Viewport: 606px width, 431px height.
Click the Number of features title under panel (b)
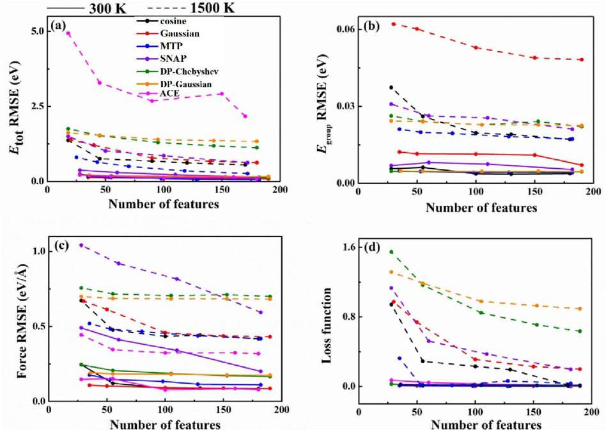(481, 208)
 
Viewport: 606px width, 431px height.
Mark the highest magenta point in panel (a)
(68, 33)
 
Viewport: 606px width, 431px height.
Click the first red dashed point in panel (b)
(393, 24)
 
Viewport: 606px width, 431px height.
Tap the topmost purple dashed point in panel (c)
(81, 245)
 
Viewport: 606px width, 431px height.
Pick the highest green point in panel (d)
(391, 252)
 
